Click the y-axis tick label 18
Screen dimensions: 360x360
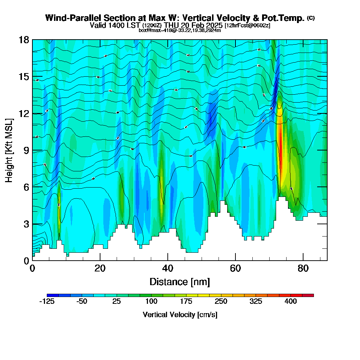click(x=23, y=40)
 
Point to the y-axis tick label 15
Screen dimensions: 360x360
click(x=23, y=77)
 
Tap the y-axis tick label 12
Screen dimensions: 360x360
click(x=23, y=113)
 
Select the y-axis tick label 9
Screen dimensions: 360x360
click(x=26, y=150)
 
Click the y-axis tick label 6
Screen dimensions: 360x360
click(x=26, y=187)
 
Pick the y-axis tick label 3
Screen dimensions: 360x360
click(x=26, y=224)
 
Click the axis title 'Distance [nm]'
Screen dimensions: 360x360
click(x=180, y=281)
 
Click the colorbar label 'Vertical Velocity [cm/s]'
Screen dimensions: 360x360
click(x=180, y=315)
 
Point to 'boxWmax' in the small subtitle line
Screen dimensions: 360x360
click(x=148, y=30)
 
